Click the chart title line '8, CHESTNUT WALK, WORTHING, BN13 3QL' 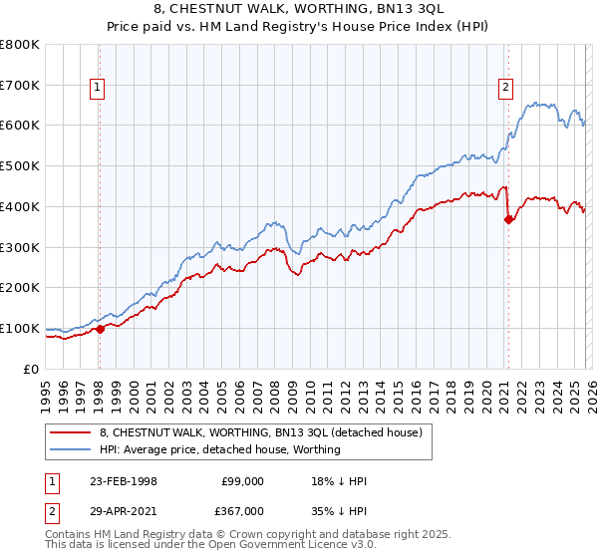pyautogui.click(x=298, y=9)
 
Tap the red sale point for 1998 pyautogui.click(x=100, y=329)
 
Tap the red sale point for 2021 pyautogui.click(x=508, y=220)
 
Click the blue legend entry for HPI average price pyautogui.click(x=219, y=450)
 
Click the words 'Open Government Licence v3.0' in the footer pyautogui.click(x=300, y=547)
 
